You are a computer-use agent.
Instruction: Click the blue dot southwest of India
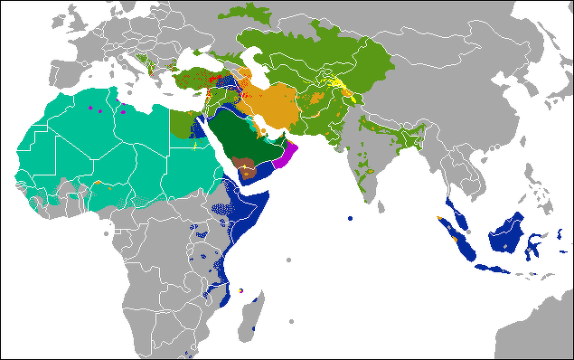tap(350, 218)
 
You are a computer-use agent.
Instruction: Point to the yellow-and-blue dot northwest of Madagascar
tap(240, 290)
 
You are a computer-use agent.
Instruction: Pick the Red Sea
tap(213, 140)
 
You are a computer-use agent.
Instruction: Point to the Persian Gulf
tap(263, 128)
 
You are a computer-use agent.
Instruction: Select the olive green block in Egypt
tap(185, 122)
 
